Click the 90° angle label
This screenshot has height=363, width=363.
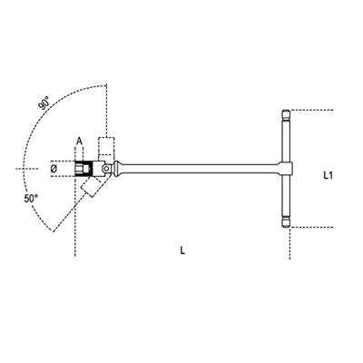(x=44, y=103)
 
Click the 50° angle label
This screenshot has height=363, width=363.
(x=31, y=199)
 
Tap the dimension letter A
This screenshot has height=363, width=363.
(x=79, y=142)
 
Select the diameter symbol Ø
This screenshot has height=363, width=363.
(x=54, y=169)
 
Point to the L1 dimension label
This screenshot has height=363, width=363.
(x=328, y=175)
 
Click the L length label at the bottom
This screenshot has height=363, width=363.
(x=182, y=250)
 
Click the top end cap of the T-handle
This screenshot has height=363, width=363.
(x=286, y=115)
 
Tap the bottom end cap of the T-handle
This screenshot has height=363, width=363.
(x=286, y=222)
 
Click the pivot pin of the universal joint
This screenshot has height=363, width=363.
(x=106, y=168)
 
